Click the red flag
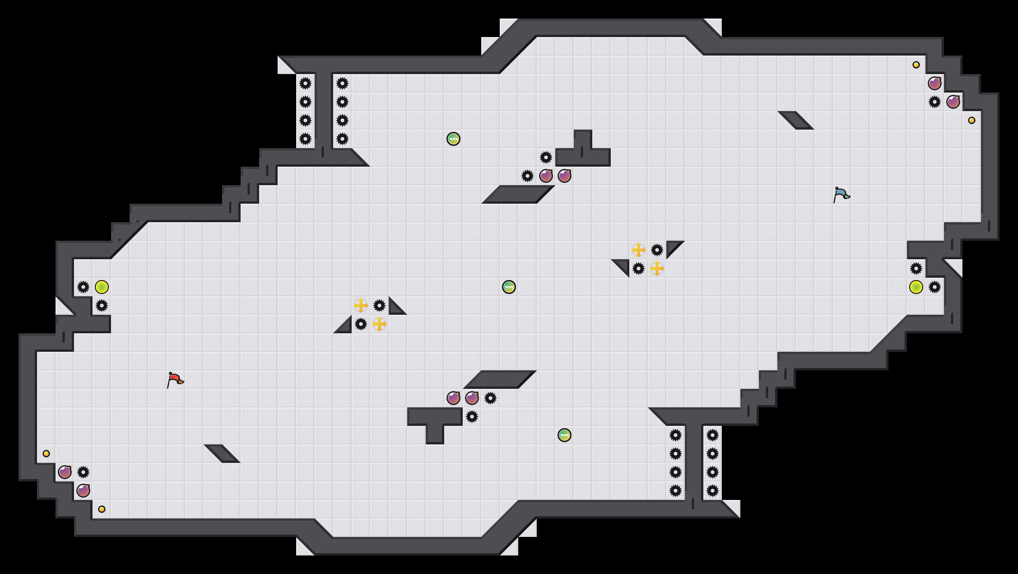tap(175, 380)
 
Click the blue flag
tap(841, 194)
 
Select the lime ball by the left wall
tap(102, 287)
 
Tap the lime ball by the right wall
tap(916, 287)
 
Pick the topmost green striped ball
tap(453, 139)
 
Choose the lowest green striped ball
tap(565, 435)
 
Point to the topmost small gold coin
tap(916, 65)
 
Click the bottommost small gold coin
tap(102, 509)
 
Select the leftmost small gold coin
tap(46, 454)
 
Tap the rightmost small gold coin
tap(972, 120)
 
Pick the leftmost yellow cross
tap(361, 306)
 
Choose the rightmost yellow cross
tap(657, 268)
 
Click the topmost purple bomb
tap(935, 83)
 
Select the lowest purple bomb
tap(83, 491)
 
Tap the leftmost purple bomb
tap(65, 472)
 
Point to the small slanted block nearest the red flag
tap(222, 454)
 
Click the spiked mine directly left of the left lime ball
tap(83, 287)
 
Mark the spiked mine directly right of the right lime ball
tap(935, 287)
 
